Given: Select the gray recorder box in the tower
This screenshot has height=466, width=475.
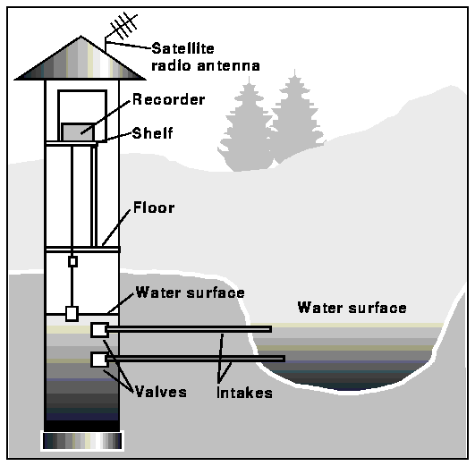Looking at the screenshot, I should point(78,131).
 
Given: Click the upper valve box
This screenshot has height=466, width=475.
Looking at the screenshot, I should point(98,330).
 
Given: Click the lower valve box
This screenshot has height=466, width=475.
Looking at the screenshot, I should point(98,360).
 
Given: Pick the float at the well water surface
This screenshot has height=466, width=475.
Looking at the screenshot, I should point(72,313).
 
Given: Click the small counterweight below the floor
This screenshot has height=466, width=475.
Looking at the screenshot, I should point(73,261).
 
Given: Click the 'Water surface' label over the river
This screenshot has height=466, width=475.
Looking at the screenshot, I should point(352,308).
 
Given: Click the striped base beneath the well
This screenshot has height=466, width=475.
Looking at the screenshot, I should point(81,440).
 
